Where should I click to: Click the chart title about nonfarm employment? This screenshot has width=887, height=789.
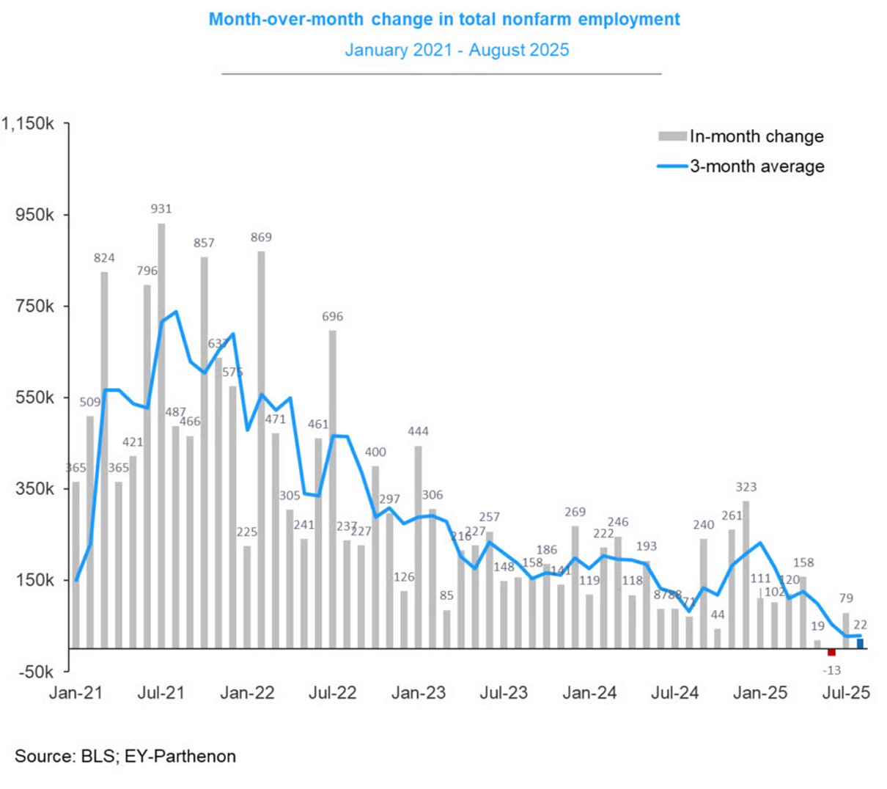[x=444, y=20]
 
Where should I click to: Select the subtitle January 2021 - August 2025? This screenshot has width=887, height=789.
[x=457, y=51]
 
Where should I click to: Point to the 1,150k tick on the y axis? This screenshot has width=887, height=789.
[x=29, y=124]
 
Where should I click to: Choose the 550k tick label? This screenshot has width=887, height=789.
[x=34, y=397]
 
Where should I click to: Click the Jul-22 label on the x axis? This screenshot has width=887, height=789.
[x=333, y=693]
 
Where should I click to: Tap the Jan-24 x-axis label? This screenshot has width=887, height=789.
[x=589, y=693]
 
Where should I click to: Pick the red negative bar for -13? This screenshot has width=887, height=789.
[x=831, y=653]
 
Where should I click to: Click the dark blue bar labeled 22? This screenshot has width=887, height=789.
[x=860, y=644]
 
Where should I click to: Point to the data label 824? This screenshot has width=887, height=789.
[x=104, y=258]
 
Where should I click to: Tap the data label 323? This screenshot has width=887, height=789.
[x=746, y=487]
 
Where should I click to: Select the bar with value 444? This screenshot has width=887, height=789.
[x=419, y=546]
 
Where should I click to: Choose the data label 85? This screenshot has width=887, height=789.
[x=446, y=595]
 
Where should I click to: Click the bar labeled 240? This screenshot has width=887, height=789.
[x=704, y=593]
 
